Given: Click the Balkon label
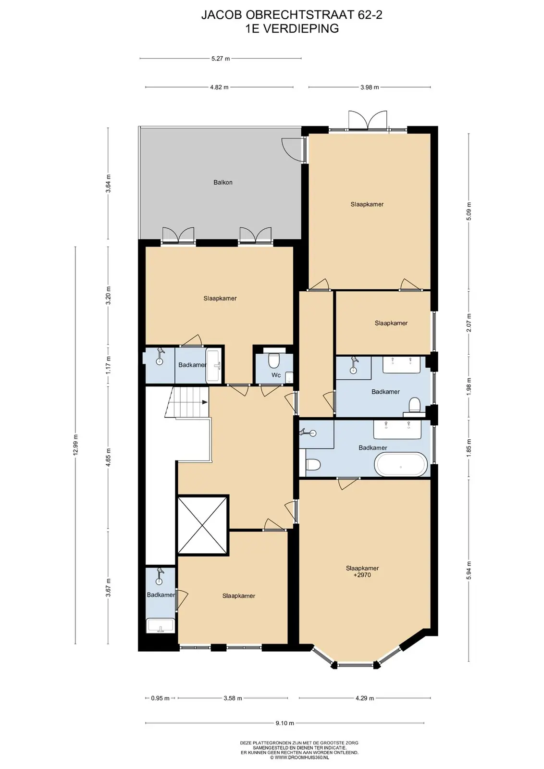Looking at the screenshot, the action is (223, 182).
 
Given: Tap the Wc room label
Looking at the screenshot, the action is (276, 375).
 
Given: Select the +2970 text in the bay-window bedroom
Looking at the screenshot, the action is (362, 575).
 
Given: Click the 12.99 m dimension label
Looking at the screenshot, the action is (75, 445).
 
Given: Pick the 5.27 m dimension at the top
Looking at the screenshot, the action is (221, 58).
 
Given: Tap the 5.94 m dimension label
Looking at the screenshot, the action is (469, 570).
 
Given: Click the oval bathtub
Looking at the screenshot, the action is (400, 464).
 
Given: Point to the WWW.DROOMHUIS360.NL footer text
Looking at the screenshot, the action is (299, 757).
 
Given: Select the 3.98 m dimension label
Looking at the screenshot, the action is (369, 87).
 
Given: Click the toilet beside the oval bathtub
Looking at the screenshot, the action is (313, 464).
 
